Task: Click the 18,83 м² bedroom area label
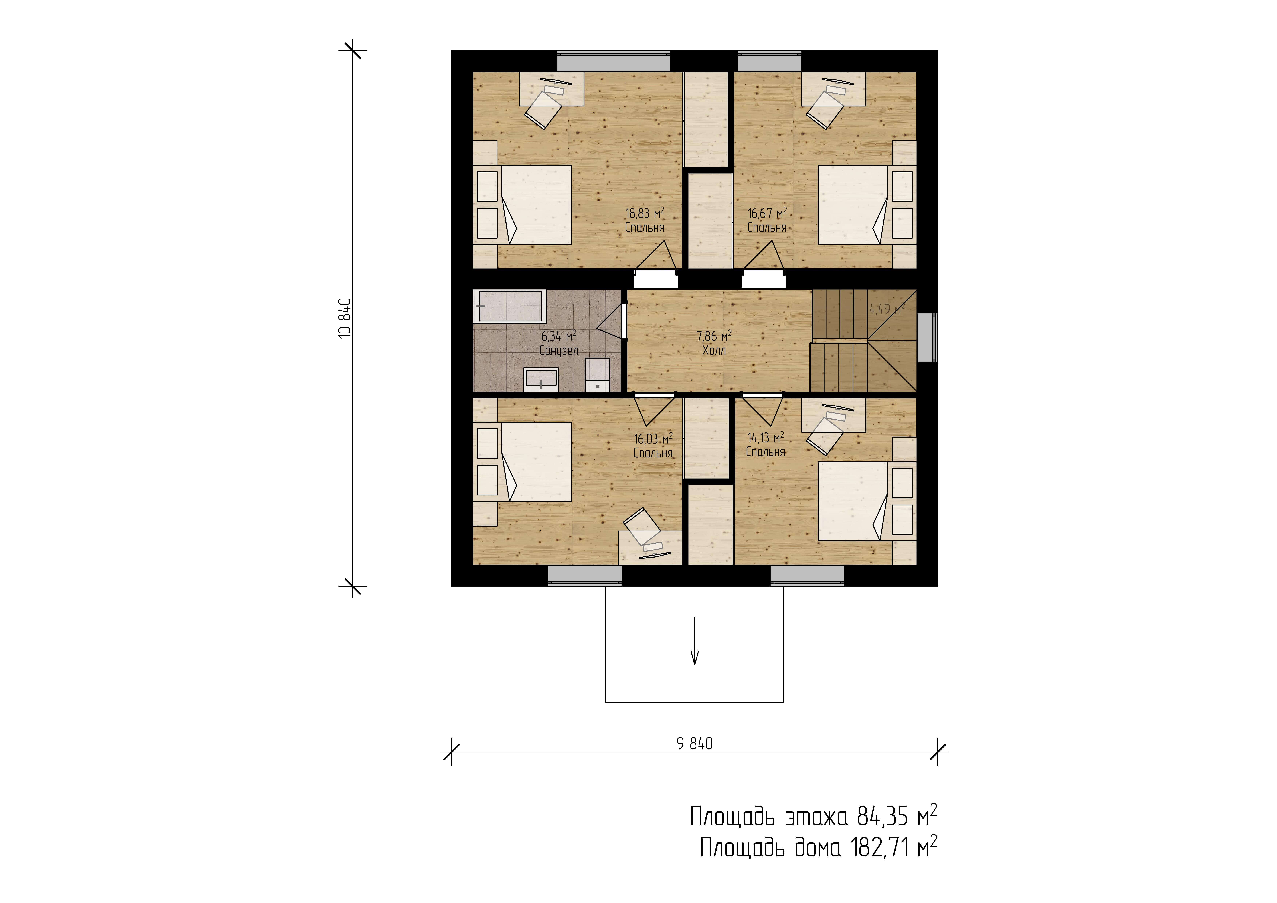tap(645, 213)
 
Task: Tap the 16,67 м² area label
tap(767, 213)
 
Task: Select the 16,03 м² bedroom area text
tap(653, 439)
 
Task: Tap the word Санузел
tap(558, 351)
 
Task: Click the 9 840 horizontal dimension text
tap(695, 744)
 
